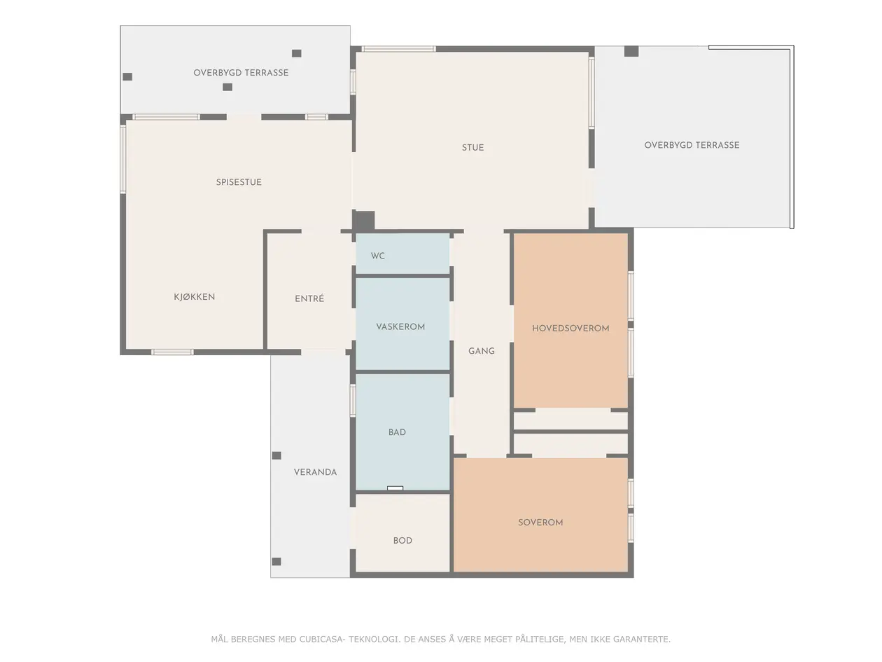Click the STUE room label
click(x=472, y=148)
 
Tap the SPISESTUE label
click(x=239, y=182)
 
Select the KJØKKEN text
click(x=194, y=296)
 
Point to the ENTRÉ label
click(x=309, y=298)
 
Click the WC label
click(x=378, y=256)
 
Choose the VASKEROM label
click(x=400, y=326)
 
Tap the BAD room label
click(x=397, y=432)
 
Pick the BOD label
click(x=402, y=540)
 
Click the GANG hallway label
click(x=482, y=351)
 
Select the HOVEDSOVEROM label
click(x=570, y=328)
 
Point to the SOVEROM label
click(x=540, y=522)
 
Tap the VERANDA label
click(x=315, y=472)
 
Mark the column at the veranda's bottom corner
click(x=276, y=562)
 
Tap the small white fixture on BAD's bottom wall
click(x=395, y=488)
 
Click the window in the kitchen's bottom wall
click(x=172, y=352)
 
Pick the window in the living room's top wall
click(x=398, y=49)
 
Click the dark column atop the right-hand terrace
click(x=631, y=51)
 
